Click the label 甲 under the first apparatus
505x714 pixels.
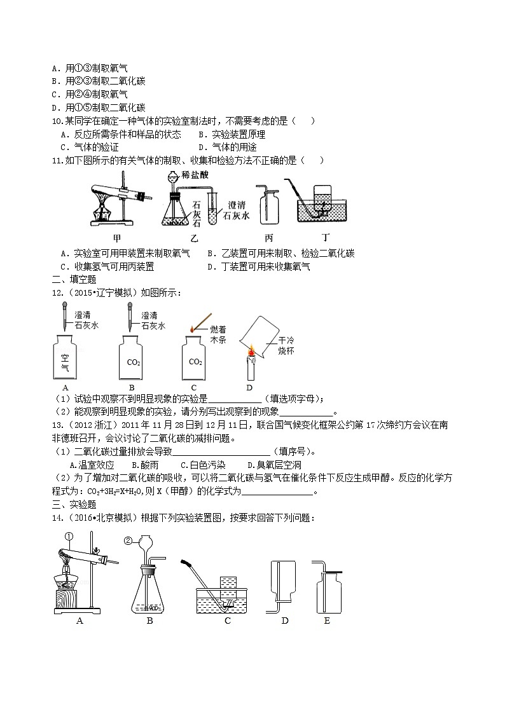point(116,238)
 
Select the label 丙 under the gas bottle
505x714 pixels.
point(268,238)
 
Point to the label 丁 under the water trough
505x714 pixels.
point(326,238)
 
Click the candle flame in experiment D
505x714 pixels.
point(251,350)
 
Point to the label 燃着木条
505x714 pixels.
point(218,334)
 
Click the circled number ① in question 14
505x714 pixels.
point(69,536)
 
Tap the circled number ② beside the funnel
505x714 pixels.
point(128,542)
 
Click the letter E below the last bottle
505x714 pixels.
point(326,621)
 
